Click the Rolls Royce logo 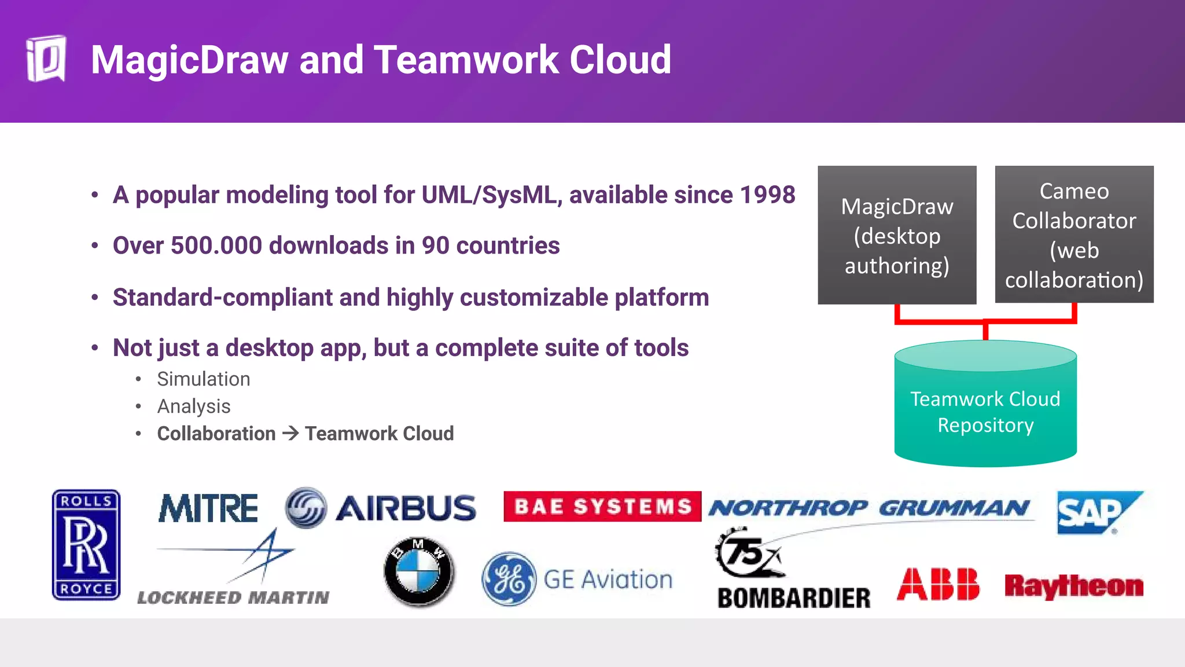click(86, 544)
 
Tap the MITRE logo click(208, 508)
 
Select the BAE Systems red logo click(602, 507)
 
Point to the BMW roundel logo click(419, 571)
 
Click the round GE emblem click(509, 579)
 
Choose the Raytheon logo click(1074, 586)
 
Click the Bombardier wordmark click(794, 598)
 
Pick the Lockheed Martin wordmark click(233, 598)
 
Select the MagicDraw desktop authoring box click(897, 235)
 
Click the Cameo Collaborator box click(1074, 234)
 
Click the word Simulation click(204, 379)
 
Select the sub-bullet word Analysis click(194, 406)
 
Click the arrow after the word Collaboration click(290, 433)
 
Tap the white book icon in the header click(46, 59)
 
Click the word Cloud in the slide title click(620, 60)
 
